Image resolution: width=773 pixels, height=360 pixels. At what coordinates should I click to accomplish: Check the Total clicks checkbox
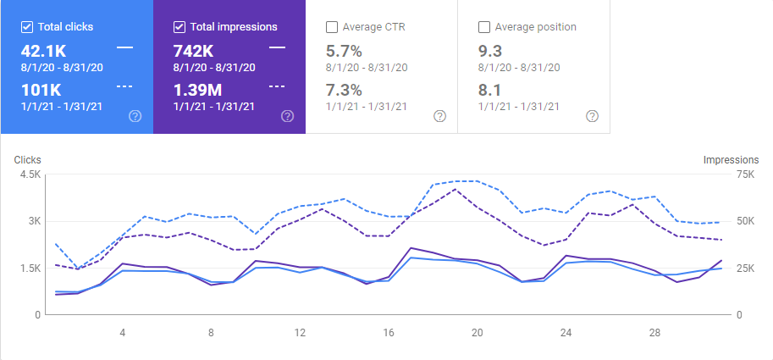(27, 27)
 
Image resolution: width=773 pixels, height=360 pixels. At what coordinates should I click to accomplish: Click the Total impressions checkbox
(179, 27)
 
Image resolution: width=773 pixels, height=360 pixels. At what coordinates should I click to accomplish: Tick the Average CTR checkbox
(332, 27)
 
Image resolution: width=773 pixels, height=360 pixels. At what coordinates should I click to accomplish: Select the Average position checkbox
(484, 27)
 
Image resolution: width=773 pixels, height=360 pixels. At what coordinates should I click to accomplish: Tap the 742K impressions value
(193, 50)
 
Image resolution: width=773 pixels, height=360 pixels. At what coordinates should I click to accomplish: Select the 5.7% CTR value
(344, 50)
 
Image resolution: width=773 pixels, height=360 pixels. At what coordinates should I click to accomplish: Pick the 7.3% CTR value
(344, 90)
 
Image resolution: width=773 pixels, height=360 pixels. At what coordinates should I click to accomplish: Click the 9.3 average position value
(489, 50)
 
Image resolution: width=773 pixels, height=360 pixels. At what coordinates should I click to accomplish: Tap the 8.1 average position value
(489, 90)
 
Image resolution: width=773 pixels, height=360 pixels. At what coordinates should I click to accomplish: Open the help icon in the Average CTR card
(439, 116)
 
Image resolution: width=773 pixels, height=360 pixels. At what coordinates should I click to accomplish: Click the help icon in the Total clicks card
(135, 116)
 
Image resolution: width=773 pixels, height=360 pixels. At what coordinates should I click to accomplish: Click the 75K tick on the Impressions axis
(721, 174)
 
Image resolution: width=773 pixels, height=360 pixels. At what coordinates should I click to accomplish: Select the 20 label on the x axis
(477, 332)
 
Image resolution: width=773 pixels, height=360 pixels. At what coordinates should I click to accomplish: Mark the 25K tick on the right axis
(721, 269)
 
